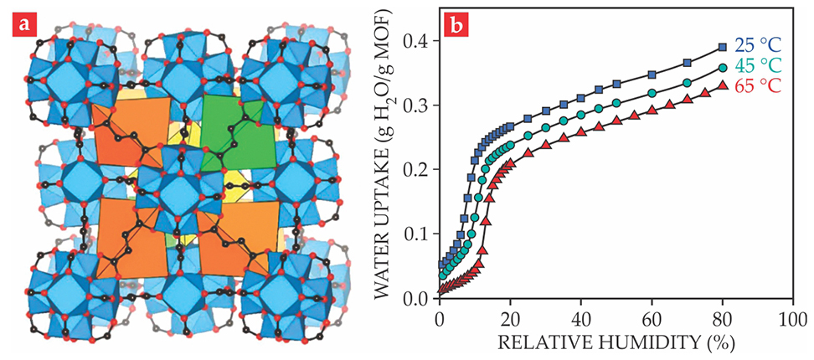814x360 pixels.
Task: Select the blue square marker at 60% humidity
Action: [652, 75]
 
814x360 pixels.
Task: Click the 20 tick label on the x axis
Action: [509, 319]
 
